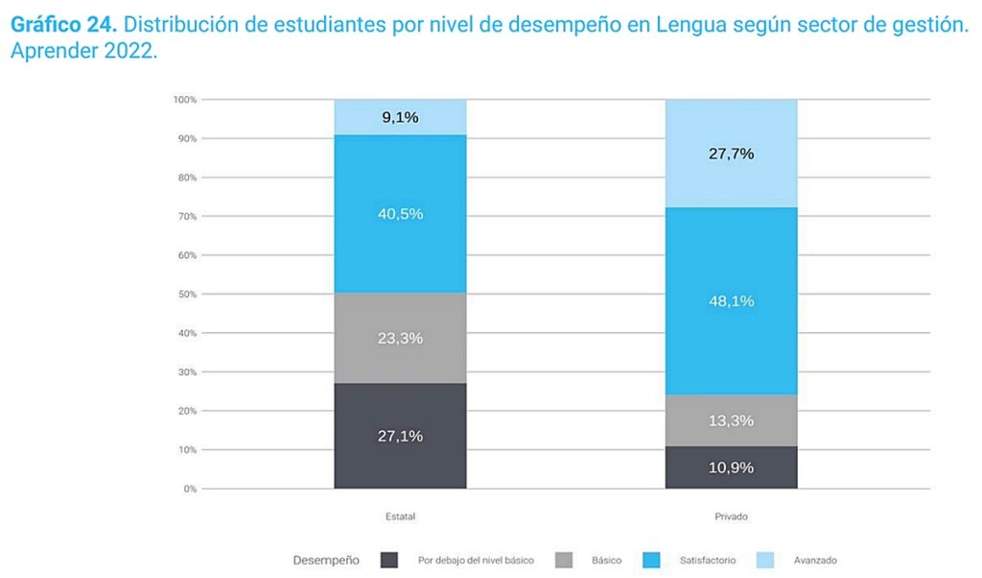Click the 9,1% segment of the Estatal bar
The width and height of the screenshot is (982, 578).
tap(400, 117)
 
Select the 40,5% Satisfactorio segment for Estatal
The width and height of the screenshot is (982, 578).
tap(400, 213)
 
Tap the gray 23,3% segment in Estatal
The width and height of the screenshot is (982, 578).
tap(400, 338)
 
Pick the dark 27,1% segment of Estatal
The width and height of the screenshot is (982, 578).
tap(400, 436)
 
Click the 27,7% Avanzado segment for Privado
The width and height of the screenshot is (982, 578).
tap(732, 154)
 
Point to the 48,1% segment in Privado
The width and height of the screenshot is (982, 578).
tap(732, 301)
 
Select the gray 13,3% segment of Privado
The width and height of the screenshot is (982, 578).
tap(732, 421)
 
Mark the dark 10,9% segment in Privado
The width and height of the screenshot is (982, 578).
tap(732, 468)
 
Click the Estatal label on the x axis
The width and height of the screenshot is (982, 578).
tap(400, 517)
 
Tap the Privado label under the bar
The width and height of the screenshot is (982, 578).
tap(732, 517)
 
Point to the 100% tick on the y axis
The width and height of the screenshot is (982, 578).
tap(185, 100)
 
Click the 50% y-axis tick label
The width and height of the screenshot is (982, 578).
tap(187, 294)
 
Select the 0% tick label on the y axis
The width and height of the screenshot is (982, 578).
tap(190, 489)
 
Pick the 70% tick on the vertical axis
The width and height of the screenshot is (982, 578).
tap(187, 216)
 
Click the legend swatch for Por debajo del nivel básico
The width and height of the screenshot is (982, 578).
tap(389, 560)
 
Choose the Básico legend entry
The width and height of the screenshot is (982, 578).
tap(605, 560)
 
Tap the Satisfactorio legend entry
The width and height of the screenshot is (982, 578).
tap(708, 560)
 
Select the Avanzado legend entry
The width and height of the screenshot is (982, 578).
tap(815, 560)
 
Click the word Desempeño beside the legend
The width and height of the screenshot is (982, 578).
tap(326, 560)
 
